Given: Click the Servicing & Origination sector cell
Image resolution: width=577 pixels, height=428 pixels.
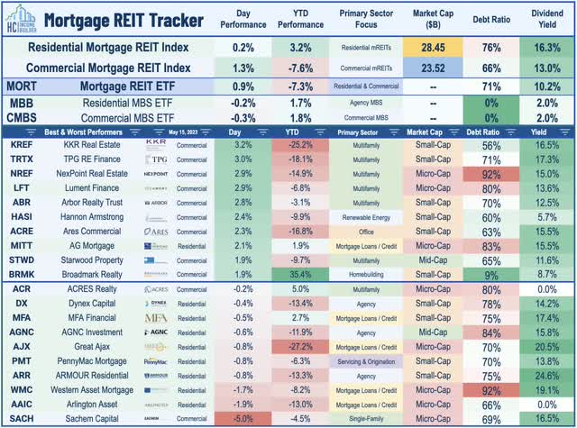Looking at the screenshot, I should coord(367,360).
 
